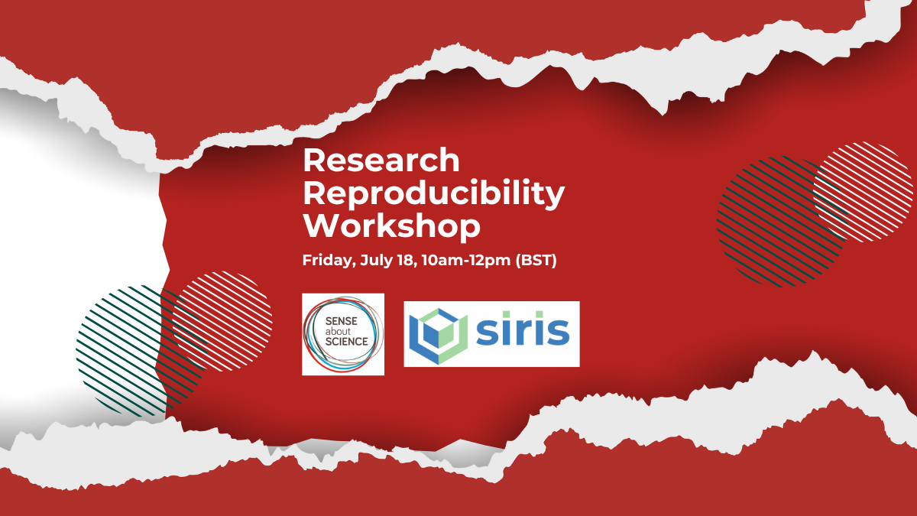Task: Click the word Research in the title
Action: click(381, 160)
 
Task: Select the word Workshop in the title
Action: click(392, 226)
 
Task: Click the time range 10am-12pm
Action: click(466, 261)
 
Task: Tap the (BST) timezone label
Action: click(536, 261)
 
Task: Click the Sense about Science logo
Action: click(343, 334)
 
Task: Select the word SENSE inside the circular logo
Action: click(342, 321)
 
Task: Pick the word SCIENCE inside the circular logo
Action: click(346, 341)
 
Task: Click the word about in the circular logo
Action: click(338, 331)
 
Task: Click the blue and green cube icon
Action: click(439, 336)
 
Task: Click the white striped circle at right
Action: click(863, 192)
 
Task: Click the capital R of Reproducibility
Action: click(316, 193)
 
